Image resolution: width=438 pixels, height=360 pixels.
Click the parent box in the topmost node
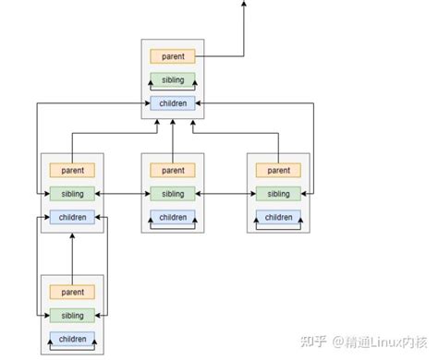(173, 56)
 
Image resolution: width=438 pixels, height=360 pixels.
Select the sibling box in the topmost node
(173, 79)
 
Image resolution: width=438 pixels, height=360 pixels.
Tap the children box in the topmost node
(173, 102)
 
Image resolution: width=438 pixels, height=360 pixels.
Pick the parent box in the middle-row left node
(71, 170)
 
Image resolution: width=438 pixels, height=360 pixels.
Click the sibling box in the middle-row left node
(71, 193)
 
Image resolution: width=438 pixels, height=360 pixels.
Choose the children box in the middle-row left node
(71, 217)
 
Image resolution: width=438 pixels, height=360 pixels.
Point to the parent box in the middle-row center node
(173, 170)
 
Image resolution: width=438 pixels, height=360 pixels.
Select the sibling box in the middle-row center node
(173, 193)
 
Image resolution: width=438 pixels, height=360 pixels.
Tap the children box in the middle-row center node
(173, 217)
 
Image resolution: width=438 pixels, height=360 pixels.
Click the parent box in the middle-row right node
(278, 170)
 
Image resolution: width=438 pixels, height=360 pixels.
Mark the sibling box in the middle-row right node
(278, 193)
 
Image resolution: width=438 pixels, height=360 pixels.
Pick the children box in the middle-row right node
(278, 217)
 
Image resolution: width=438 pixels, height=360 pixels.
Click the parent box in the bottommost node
(71, 293)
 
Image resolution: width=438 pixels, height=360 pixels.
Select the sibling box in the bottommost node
(71, 316)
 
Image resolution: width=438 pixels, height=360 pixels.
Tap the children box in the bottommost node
(71, 339)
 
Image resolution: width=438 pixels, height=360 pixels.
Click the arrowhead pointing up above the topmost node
(244, 5)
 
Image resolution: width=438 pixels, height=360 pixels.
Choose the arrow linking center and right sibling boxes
(225, 193)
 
